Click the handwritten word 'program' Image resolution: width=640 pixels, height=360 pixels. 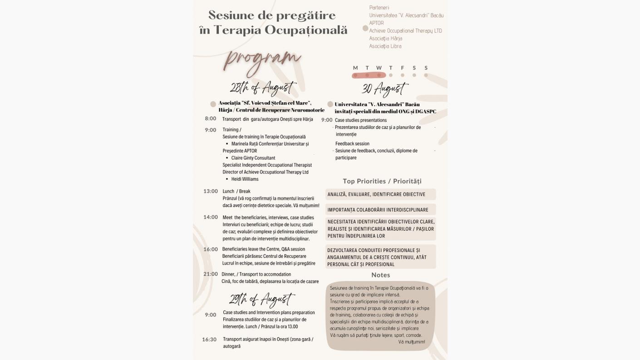click(262, 61)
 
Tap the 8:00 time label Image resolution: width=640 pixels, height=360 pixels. click(210, 118)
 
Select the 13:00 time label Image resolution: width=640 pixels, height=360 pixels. click(211, 191)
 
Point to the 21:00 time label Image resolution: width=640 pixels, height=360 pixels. click(211, 274)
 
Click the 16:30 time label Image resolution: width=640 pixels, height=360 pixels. click(209, 339)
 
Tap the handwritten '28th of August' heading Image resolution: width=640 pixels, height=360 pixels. click(263, 88)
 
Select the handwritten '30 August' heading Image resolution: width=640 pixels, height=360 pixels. click(385, 89)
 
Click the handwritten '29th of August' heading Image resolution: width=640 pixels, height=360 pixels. click(261, 299)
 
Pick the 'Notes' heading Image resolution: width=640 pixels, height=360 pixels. click(380, 275)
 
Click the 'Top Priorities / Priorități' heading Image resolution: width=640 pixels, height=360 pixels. click(382, 181)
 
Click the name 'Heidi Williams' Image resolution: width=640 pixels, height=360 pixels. click(245, 179)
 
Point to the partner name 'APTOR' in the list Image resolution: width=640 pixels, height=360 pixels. click(376, 23)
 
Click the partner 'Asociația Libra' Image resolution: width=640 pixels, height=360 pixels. click(385, 46)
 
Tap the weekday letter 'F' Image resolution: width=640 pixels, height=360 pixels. click(403, 68)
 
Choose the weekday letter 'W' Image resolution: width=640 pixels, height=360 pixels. click(379, 68)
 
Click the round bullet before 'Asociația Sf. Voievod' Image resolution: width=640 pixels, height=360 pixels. click(213, 104)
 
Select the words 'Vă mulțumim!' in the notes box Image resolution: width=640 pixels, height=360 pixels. click(412, 342)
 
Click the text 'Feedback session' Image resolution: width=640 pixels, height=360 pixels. click(352, 143)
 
